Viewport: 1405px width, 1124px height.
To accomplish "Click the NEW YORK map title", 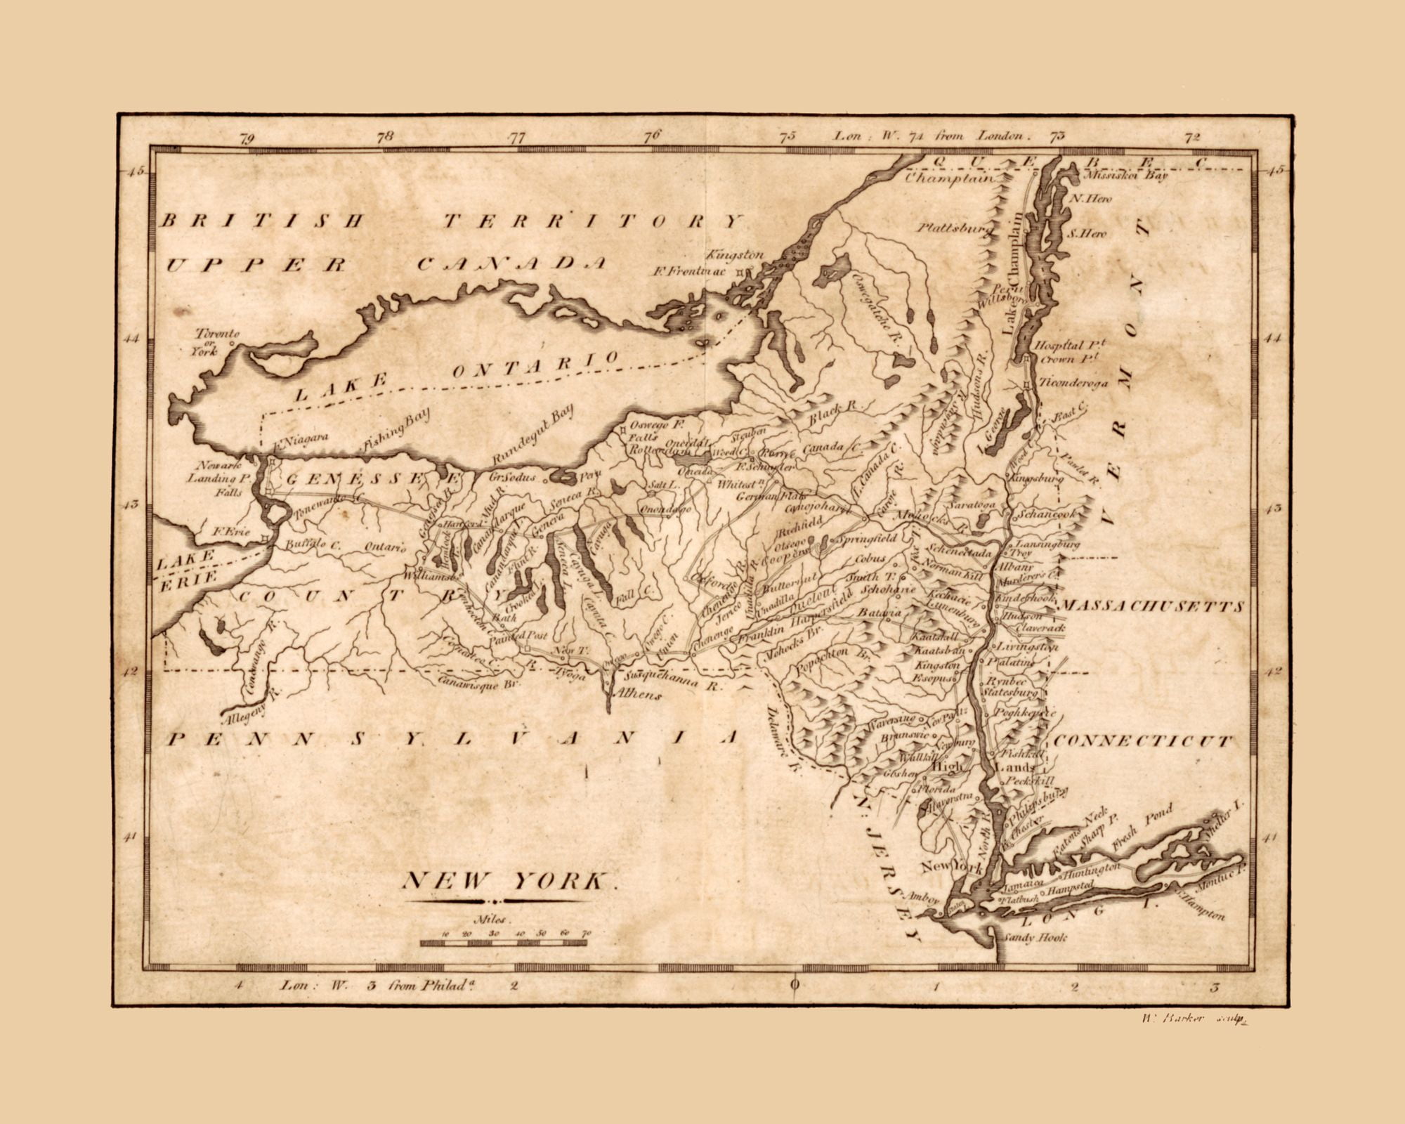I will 507,881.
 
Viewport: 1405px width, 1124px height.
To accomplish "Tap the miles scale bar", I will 503,942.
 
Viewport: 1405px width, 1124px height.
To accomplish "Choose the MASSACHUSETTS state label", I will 1152,606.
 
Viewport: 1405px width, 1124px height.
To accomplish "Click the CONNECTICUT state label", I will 1142,740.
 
